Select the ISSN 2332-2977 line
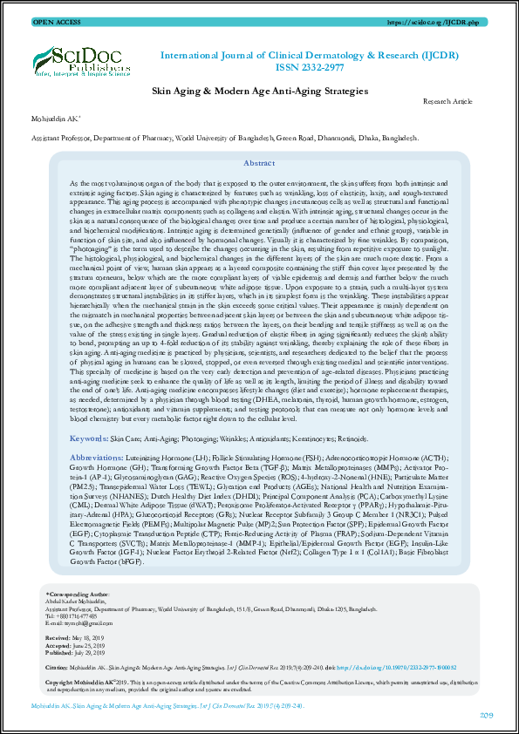click(310, 69)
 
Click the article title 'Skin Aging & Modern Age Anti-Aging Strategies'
click(259, 90)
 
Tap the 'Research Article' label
click(447, 102)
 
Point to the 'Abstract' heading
click(259, 163)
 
